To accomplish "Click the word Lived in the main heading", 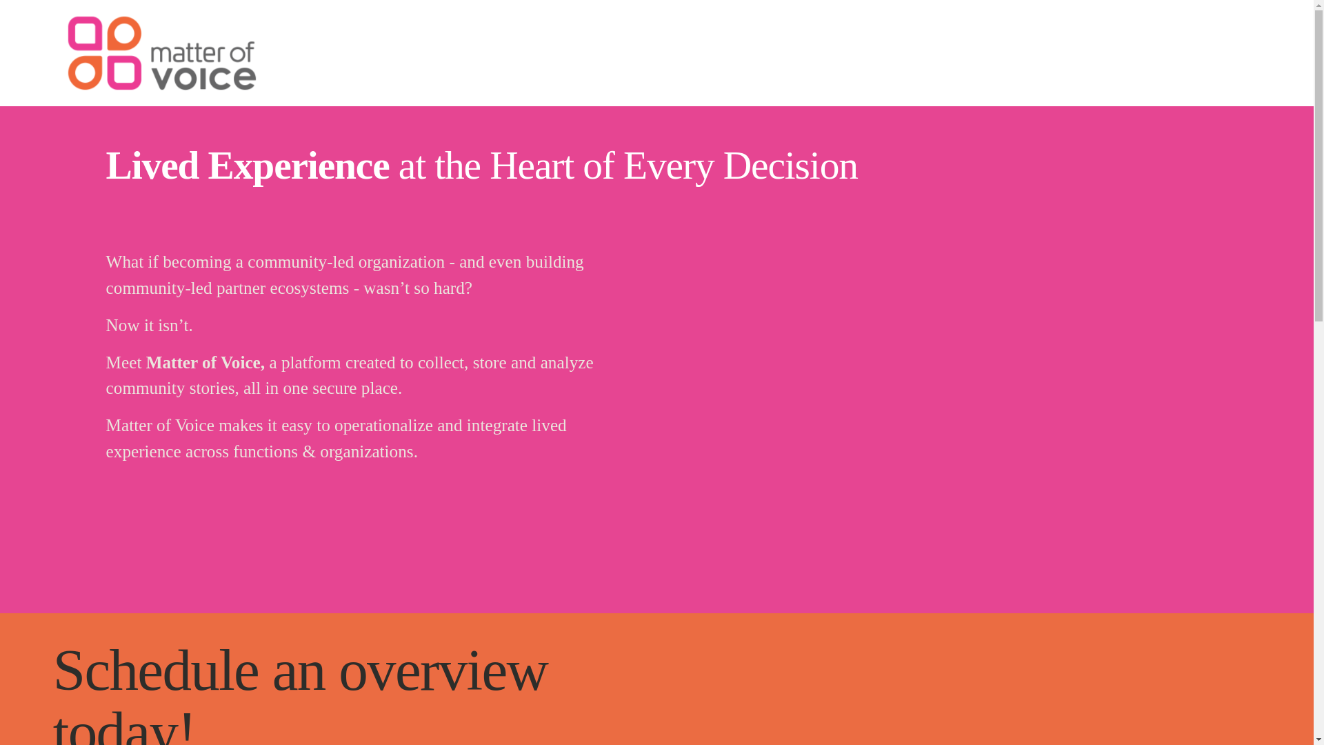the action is click(x=152, y=166).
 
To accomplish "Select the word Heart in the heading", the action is click(x=532, y=166).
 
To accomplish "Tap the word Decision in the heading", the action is click(x=790, y=166).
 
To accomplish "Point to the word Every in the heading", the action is click(x=669, y=166).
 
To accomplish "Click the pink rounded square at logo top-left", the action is click(x=86, y=35).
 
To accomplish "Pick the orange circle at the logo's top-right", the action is click(x=124, y=34).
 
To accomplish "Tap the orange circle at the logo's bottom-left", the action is click(x=86, y=72).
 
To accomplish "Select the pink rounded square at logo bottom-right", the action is click(x=124, y=72).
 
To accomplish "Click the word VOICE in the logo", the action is click(x=203, y=77).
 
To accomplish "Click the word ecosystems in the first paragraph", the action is click(x=310, y=288).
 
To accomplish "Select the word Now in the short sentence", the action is click(x=123, y=326).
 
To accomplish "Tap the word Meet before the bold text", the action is click(x=124, y=363).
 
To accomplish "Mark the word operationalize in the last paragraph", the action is click(x=383, y=426).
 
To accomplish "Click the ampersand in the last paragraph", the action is click(x=309, y=453).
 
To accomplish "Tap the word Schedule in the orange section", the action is click(x=156, y=670).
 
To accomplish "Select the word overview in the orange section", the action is click(x=443, y=670).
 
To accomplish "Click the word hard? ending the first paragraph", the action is click(x=453, y=288).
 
